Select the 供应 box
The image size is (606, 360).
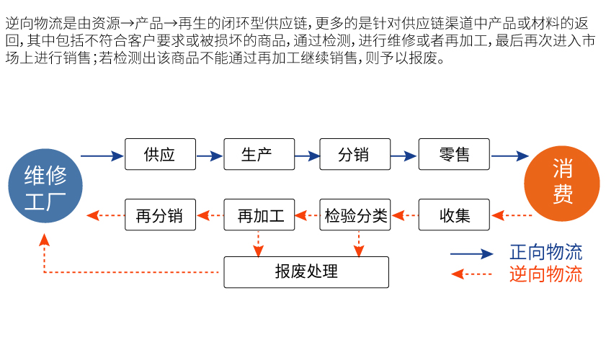point(160,155)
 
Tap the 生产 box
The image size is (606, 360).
point(259,155)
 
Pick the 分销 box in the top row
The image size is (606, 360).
point(355,155)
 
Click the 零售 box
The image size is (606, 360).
point(454,155)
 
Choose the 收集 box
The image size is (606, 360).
point(454,215)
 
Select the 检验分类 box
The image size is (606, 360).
point(355,215)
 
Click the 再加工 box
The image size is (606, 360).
point(259,215)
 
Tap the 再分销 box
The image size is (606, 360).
point(160,215)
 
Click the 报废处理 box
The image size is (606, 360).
point(306,271)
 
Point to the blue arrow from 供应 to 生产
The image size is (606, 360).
point(209,156)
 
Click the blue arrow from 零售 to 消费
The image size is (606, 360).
point(509,156)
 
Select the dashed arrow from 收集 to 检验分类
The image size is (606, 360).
point(404,215)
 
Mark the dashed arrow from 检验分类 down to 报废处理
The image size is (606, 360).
point(357,243)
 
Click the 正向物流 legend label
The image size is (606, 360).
point(545,253)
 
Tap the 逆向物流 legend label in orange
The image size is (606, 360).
point(545,274)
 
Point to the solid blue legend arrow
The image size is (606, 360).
point(471,253)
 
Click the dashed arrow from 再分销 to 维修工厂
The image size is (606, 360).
point(104,215)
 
